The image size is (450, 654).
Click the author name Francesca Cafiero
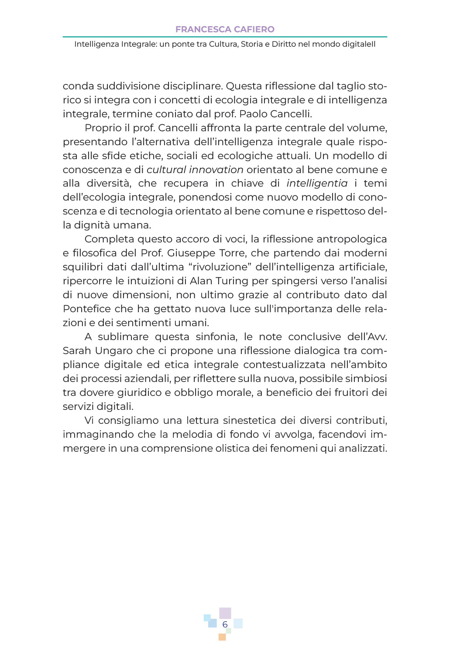pyautogui.click(x=225, y=29)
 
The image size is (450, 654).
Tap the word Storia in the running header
pyautogui.click(x=252, y=44)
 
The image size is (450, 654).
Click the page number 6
pyautogui.click(x=225, y=624)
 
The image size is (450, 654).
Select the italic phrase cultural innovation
pyautogui.click(x=195, y=170)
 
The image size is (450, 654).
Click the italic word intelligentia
pyautogui.click(x=317, y=183)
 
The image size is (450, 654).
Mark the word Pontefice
pyautogui.click(x=87, y=309)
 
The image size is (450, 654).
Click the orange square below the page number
pyautogui.click(x=222, y=637)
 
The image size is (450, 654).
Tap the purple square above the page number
pyautogui.click(x=225, y=612)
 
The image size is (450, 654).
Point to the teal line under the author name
pyautogui.click(x=225, y=37)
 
